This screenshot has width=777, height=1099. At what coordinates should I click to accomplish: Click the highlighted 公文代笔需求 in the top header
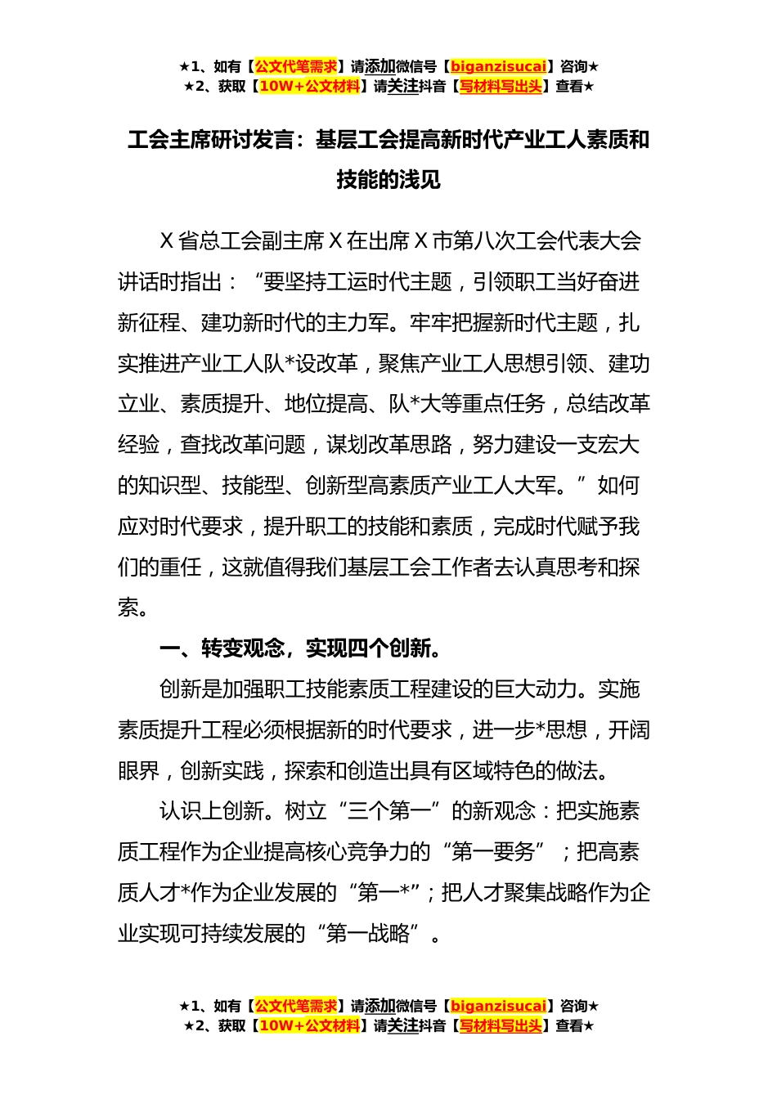click(x=296, y=66)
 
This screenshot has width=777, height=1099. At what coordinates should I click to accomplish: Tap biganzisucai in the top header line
click(x=498, y=66)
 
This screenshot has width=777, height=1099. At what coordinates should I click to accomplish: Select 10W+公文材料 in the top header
click(x=309, y=86)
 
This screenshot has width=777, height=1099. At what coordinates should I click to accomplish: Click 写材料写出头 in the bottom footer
click(x=501, y=1025)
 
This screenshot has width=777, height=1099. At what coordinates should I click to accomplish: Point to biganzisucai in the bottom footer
click(x=498, y=1006)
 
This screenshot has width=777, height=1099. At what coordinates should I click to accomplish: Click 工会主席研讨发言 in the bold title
click(x=210, y=140)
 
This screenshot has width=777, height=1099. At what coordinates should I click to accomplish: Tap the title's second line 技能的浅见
click(x=388, y=179)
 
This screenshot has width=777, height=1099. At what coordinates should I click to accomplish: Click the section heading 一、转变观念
click(x=222, y=648)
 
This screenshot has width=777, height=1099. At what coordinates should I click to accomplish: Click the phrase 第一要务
click(x=493, y=852)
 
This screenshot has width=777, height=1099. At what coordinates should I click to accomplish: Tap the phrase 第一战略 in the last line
click(x=368, y=933)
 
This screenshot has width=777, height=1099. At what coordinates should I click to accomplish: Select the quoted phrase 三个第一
click(x=388, y=811)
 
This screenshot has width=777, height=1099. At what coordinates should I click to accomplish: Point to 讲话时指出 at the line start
click(x=169, y=282)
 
